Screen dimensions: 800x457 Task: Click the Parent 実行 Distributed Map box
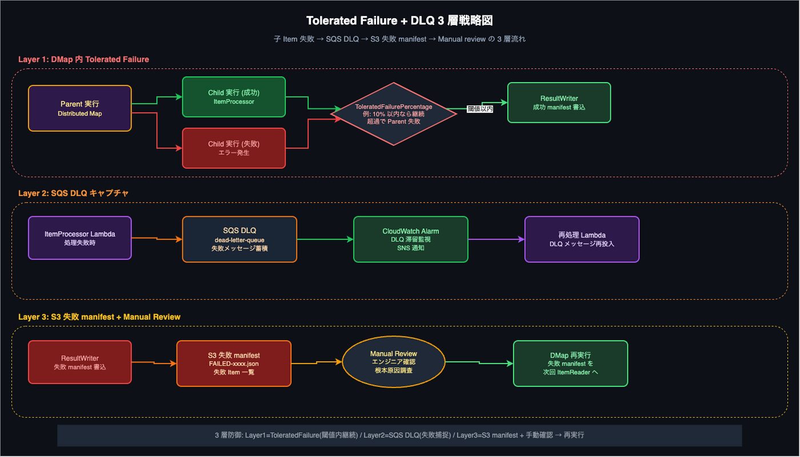click(80, 108)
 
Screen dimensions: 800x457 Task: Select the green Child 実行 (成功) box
click(234, 97)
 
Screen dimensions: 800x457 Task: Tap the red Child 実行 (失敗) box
click(234, 148)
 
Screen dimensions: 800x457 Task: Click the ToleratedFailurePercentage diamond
click(394, 114)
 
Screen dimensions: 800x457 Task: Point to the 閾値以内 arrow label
click(480, 109)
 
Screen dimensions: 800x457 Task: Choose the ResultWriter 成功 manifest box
click(559, 103)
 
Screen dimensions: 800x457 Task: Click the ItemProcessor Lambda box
click(80, 238)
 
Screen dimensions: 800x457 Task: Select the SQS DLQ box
click(239, 240)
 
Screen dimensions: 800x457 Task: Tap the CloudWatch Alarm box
click(411, 240)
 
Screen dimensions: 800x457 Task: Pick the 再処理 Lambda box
click(582, 240)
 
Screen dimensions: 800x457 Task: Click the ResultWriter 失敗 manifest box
click(80, 362)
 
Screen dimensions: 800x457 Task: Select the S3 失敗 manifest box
click(234, 363)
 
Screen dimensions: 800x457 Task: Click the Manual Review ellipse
click(394, 362)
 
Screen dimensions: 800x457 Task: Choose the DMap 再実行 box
click(571, 363)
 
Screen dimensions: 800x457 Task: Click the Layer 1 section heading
click(83, 59)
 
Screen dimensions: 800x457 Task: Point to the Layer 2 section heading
click(73, 193)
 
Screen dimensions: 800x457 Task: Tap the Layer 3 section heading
click(99, 317)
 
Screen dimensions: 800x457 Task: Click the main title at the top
click(399, 21)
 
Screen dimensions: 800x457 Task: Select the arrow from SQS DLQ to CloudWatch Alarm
click(325, 240)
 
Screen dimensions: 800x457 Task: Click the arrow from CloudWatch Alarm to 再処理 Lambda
click(497, 240)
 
